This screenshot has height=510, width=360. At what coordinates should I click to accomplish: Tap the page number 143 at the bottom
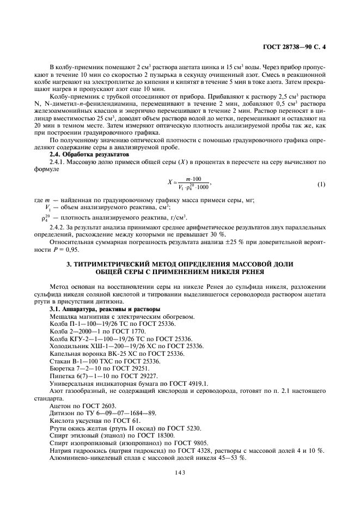point(180,472)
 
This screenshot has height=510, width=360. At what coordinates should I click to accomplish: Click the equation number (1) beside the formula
point(321,184)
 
